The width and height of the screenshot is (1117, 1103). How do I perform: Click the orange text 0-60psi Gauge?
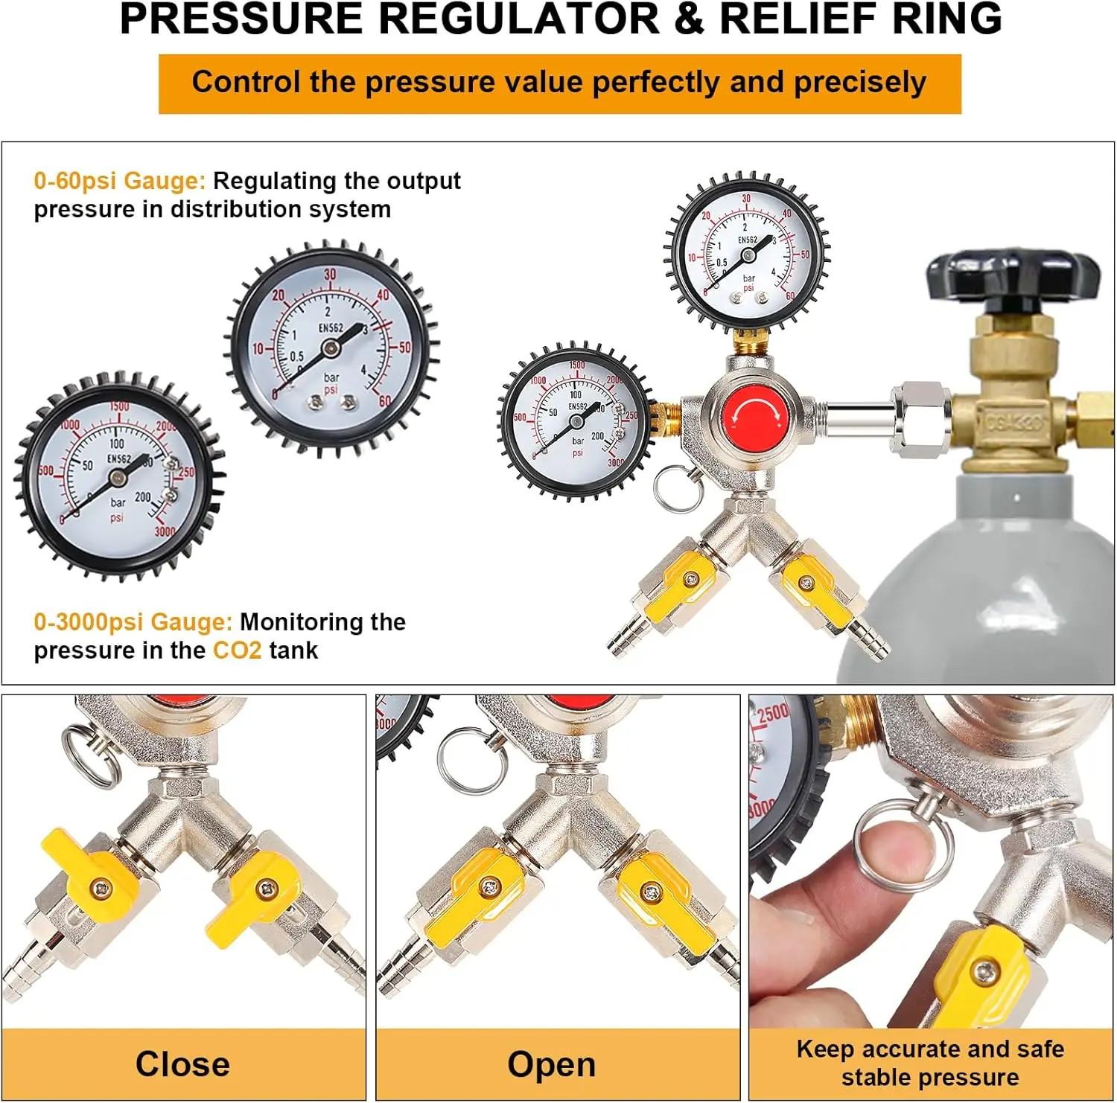tap(119, 181)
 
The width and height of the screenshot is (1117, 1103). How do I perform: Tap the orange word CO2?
tap(237, 650)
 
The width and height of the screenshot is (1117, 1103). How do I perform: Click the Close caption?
tap(182, 1064)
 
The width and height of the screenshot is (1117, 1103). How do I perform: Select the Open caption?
tap(551, 1064)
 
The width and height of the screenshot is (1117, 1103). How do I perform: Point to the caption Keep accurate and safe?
tap(930, 1049)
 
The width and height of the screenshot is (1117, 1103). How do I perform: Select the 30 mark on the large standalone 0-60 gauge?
tap(330, 275)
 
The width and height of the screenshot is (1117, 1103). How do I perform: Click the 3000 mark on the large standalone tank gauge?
tap(165, 531)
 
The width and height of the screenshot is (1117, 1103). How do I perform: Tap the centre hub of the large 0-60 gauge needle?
tap(331, 347)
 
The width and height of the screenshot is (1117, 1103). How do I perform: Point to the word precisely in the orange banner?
tap(860, 83)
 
